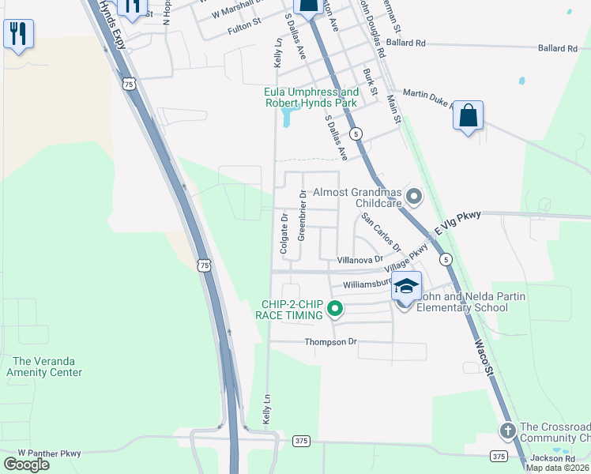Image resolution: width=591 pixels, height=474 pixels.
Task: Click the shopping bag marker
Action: click(468, 115)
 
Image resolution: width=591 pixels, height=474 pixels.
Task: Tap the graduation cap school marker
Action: click(406, 287)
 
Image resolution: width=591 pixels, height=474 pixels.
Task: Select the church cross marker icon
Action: click(507, 431)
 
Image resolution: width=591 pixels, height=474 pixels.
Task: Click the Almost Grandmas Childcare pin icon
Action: click(412, 194)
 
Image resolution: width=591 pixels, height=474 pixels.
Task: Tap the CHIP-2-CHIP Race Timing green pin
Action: click(334, 309)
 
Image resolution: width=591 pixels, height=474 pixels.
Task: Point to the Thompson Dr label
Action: click(331, 342)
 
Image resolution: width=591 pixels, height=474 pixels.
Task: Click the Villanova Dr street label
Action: click(359, 259)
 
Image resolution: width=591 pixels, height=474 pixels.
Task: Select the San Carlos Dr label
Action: click(381, 231)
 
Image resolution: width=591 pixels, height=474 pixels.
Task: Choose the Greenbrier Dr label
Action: click(302, 225)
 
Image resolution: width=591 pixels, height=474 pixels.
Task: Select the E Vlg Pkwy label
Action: click(457, 224)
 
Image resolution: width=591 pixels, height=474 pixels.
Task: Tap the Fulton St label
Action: click(244, 27)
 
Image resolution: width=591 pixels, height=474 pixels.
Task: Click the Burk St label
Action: click(370, 82)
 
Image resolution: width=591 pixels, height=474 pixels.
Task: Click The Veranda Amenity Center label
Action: click(44, 367)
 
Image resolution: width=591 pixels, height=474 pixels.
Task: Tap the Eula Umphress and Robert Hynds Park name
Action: click(311, 98)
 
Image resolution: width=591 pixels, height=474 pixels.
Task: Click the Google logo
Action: click(26, 464)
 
